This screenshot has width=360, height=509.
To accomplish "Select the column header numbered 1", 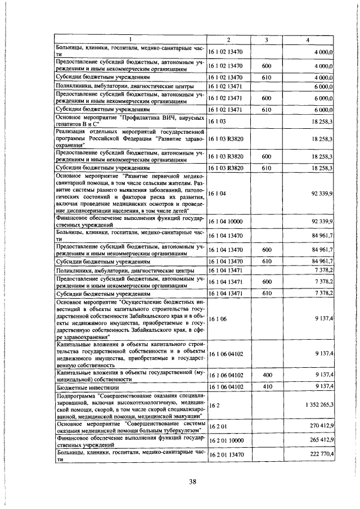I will (130, 39).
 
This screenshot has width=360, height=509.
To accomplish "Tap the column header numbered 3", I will (267, 39).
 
